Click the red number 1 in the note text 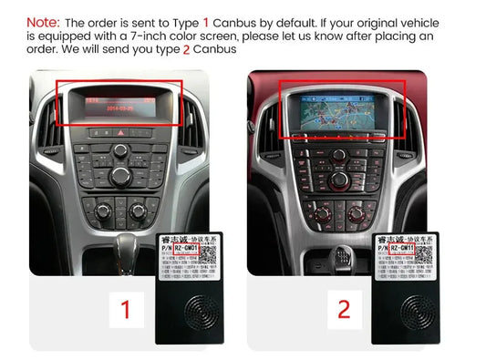(x=206, y=21)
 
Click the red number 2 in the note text (x=187, y=49)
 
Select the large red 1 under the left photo (x=126, y=308)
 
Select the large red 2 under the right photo (x=344, y=308)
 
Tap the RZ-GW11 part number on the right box (x=410, y=245)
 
